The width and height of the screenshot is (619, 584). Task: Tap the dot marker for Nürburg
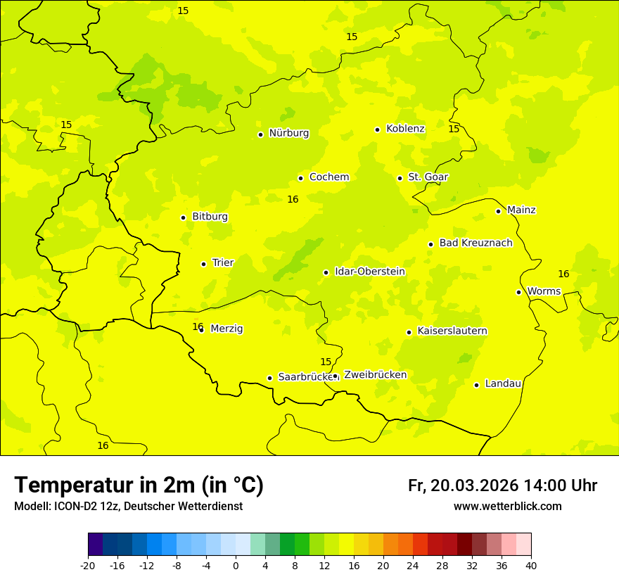coord(260,134)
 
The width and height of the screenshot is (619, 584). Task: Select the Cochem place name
coord(329,177)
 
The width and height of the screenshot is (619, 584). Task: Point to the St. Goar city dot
coord(400,179)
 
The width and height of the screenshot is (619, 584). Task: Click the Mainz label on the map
coord(521,210)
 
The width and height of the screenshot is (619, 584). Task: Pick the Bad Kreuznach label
coord(476,243)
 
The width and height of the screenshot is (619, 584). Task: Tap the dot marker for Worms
coord(518,292)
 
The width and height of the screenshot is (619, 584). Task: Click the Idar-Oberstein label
coord(369,272)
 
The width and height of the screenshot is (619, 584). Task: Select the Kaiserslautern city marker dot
coord(409,332)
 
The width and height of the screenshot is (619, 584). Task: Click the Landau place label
coord(503,383)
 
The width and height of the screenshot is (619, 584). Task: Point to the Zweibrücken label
coord(375,375)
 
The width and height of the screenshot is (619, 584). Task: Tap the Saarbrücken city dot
coord(269,378)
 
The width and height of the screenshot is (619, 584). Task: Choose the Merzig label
coord(226,329)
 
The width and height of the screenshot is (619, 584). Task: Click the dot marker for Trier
coord(203,264)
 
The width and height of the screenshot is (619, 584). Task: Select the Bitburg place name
coord(210,217)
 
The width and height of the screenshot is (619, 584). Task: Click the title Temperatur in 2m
coord(139,485)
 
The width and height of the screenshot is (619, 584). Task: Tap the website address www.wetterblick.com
coord(507,507)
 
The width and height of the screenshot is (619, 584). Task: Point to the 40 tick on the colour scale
coord(531,566)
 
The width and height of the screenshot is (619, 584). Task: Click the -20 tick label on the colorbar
coord(88,566)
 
